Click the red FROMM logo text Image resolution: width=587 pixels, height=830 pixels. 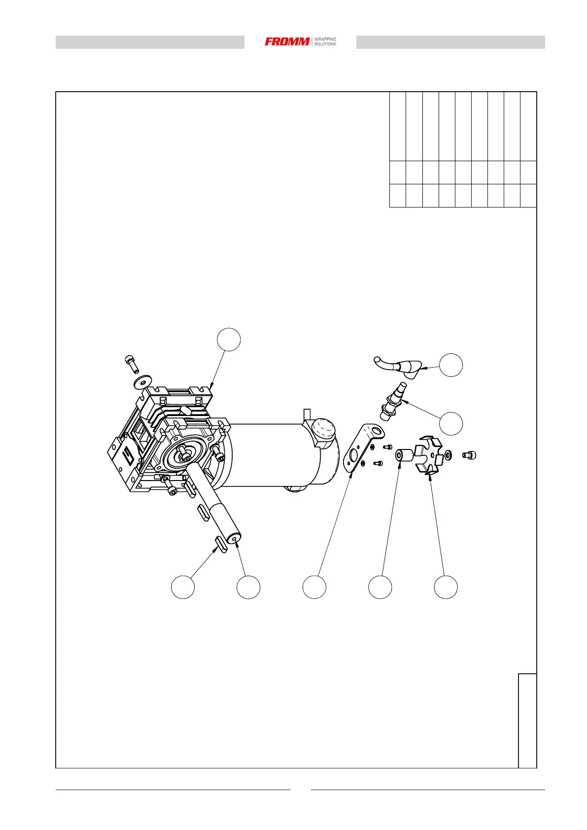[287, 42]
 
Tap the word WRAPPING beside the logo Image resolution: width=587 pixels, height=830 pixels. [325, 39]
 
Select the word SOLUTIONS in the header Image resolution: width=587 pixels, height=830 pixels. [325, 44]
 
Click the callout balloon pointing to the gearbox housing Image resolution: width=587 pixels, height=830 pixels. [229, 340]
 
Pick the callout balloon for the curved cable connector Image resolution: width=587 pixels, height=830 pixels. [451, 365]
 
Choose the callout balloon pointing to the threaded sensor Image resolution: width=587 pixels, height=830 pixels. [451, 423]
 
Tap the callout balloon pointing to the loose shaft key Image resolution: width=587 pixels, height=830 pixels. [183, 587]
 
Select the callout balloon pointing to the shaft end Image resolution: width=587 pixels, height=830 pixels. [248, 587]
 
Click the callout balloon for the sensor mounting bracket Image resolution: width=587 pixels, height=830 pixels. [314, 587]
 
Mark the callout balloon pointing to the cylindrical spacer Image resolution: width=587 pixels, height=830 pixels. [380, 587]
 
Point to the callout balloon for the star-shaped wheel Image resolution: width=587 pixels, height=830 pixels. [446, 587]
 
